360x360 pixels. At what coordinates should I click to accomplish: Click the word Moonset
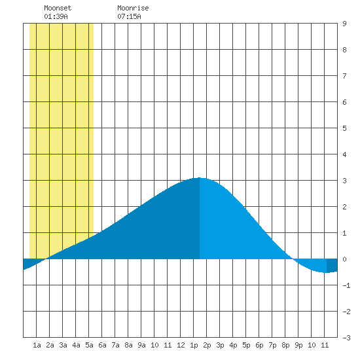58,8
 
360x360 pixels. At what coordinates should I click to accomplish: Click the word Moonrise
133,8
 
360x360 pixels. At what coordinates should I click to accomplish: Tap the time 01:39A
56,16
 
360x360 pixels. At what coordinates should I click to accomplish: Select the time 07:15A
129,16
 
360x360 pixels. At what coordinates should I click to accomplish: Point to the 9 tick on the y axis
344,24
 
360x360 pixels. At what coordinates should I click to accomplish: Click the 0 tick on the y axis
344,259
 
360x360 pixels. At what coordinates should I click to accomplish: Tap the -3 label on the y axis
346,338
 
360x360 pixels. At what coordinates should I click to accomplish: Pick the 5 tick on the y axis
344,128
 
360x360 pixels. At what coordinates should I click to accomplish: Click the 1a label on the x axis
37,345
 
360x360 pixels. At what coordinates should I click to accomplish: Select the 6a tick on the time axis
102,345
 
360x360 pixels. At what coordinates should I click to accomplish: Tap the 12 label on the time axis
181,345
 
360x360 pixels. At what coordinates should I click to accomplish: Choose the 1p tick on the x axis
194,345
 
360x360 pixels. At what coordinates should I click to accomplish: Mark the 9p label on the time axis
298,345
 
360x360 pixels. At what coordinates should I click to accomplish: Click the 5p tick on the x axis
246,345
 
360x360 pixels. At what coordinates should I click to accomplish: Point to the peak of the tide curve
200,177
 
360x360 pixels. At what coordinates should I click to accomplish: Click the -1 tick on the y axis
346,285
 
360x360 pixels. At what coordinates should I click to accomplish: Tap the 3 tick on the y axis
344,181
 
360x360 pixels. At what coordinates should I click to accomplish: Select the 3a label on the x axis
63,345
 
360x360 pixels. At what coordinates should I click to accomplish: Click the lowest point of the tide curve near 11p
327,272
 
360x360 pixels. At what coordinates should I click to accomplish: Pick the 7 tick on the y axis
344,76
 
